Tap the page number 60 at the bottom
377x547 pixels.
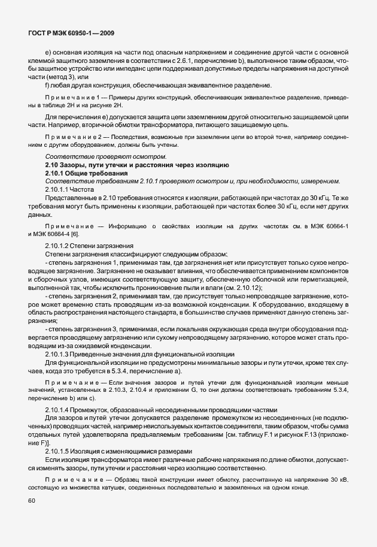(x=32, y=517)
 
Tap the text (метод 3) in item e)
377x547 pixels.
(x=56, y=77)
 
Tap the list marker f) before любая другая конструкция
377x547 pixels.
(x=47, y=84)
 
